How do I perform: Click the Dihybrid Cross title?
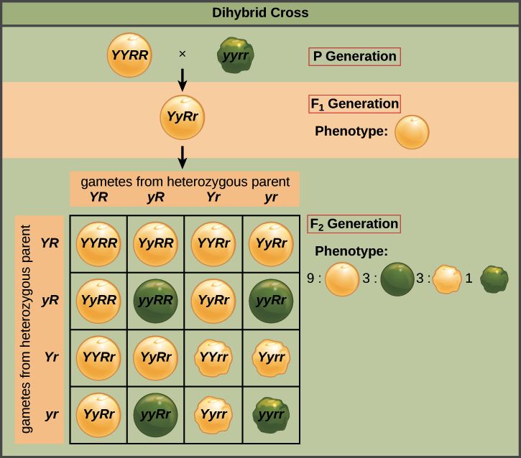[260, 13]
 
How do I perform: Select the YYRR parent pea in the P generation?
[129, 55]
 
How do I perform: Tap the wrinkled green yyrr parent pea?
[235, 55]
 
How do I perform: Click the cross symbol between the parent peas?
[182, 54]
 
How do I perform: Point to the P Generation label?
[354, 57]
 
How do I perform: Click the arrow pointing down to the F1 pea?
[182, 80]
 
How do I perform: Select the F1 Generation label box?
[354, 104]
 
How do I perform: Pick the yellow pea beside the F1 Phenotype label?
[412, 132]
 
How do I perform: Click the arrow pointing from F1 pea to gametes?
[182, 157]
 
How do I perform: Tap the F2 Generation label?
[354, 224]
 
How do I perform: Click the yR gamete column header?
[155, 197]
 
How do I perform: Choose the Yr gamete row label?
[52, 357]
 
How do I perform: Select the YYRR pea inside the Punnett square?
[98, 244]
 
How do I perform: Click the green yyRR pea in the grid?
[155, 301]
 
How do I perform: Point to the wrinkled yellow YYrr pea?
[213, 357]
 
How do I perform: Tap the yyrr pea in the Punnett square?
[271, 415]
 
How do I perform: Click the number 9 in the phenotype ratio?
[310, 278]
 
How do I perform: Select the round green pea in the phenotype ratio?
[397, 279]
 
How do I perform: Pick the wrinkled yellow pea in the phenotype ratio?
[448, 279]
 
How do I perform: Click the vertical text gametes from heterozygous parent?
[26, 330]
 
